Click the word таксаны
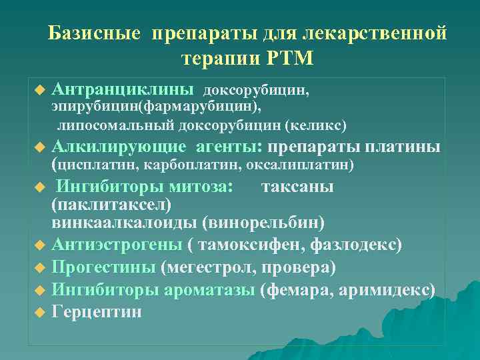[298, 187]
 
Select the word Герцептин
[97, 312]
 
